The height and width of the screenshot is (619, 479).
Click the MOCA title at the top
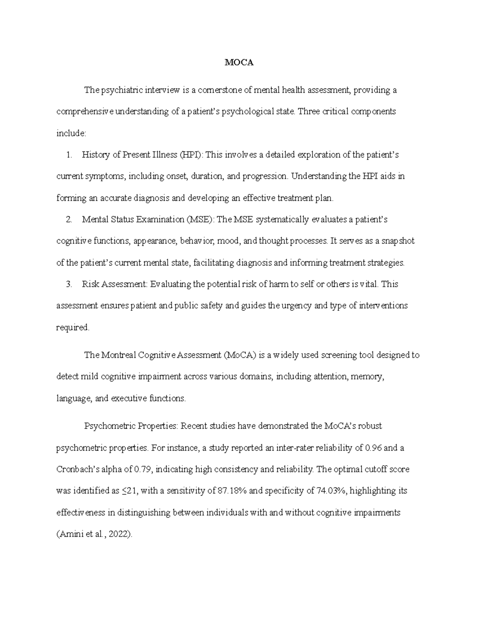(x=239, y=63)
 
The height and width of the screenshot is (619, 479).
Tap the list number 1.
(x=69, y=155)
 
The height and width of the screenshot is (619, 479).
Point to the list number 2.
(x=69, y=220)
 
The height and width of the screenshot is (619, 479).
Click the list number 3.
(x=69, y=284)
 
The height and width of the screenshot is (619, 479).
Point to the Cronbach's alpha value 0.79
(x=143, y=470)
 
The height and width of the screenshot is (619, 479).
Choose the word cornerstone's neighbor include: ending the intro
(x=71, y=133)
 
